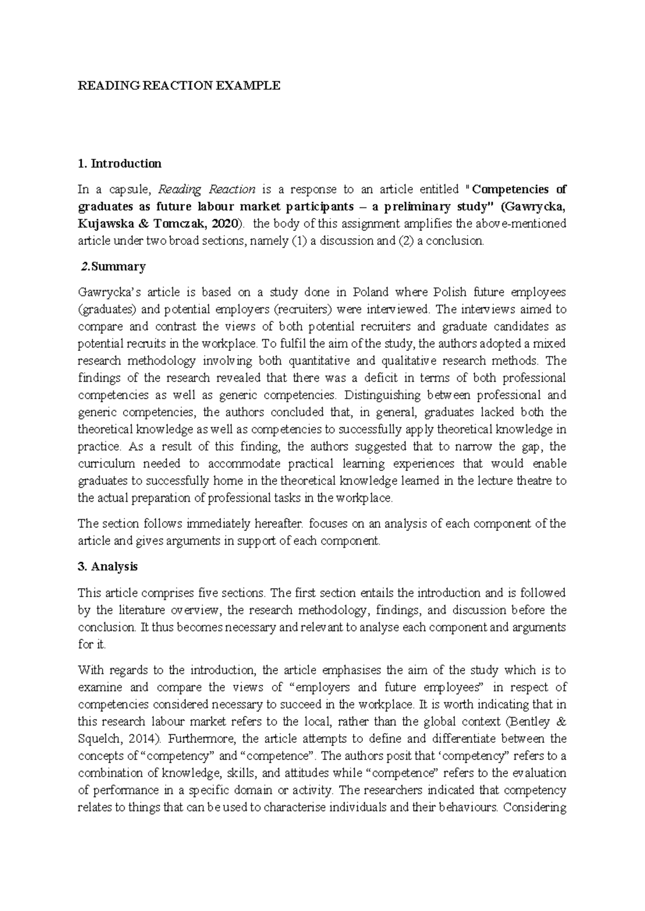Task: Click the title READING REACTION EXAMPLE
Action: click(179, 85)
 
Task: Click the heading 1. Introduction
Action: click(119, 163)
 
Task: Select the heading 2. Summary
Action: click(113, 266)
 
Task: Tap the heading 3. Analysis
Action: click(108, 567)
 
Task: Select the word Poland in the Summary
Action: click(370, 293)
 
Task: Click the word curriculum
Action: click(106, 464)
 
